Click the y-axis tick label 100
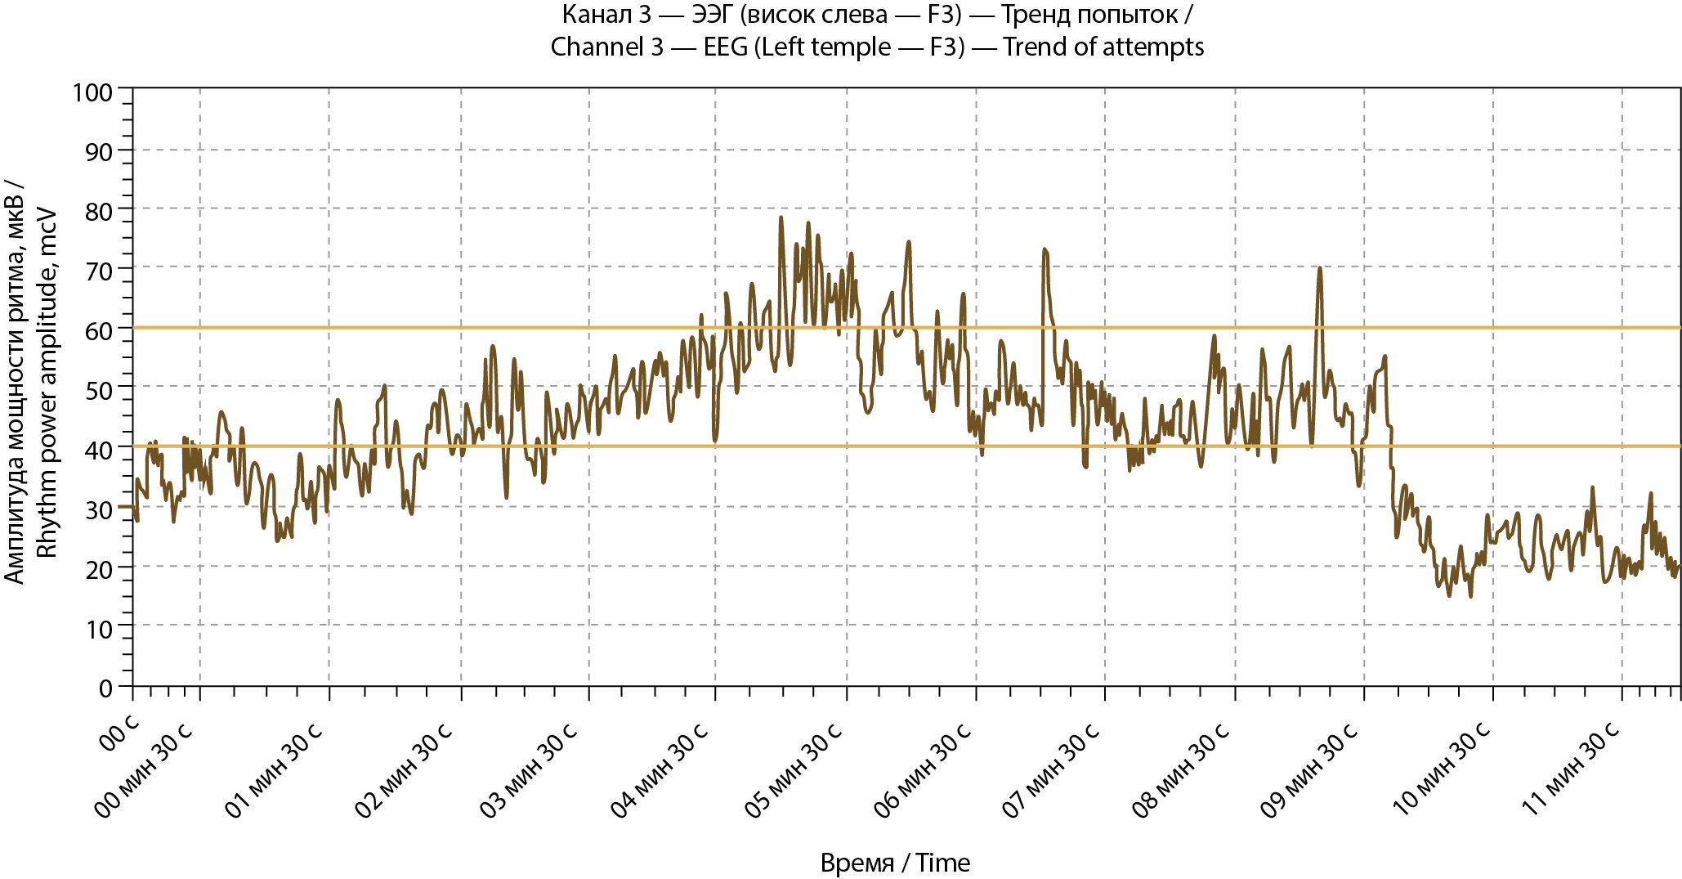click(92, 92)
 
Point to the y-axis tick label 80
click(99, 211)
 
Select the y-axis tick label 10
click(99, 629)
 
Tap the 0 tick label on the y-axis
click(105, 688)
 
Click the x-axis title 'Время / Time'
click(895, 863)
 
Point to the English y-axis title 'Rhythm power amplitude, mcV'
click(48, 383)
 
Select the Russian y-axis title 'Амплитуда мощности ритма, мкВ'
click(15, 383)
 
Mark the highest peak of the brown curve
click(781, 218)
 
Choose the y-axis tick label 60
click(99, 330)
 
